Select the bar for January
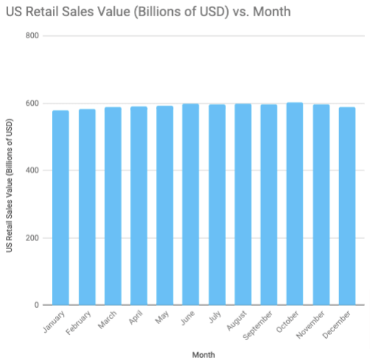[61, 208]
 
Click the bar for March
[113, 206]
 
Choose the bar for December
[347, 206]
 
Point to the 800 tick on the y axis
[31, 36]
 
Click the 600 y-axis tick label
[31, 104]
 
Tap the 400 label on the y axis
[31, 170]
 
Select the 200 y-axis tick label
[31, 238]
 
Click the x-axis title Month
[203, 354]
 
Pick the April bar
[139, 206]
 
